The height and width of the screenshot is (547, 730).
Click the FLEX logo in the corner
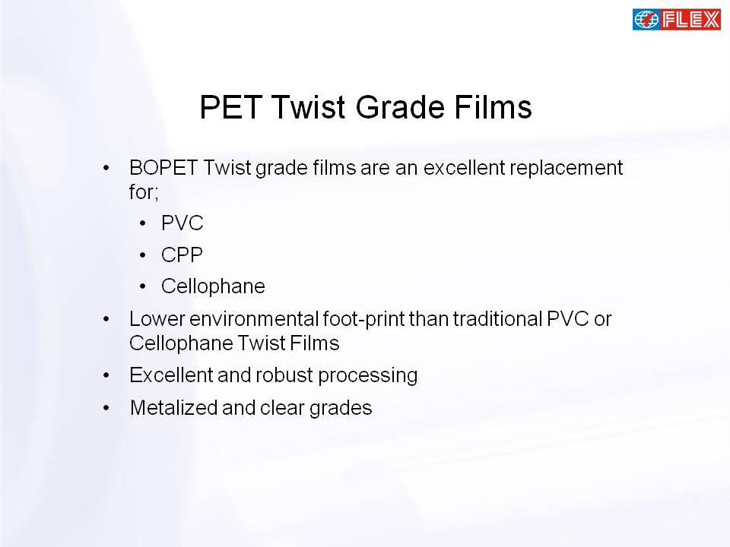tap(677, 20)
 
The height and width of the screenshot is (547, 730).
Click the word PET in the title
tap(230, 107)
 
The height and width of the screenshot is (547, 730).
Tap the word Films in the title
tap(493, 107)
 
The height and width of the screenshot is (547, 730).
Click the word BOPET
tap(163, 167)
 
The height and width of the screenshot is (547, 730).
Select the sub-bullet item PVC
tap(182, 223)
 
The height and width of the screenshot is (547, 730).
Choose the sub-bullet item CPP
tap(182, 255)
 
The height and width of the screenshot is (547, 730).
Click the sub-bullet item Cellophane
tap(213, 286)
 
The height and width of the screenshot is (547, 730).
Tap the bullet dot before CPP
tap(143, 255)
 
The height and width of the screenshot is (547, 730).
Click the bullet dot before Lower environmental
tap(106, 319)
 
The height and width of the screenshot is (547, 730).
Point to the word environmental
tap(254, 319)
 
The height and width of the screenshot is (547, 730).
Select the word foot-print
tap(363, 320)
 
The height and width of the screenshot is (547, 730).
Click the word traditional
tap(497, 319)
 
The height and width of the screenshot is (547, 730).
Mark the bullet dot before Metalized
tap(106, 409)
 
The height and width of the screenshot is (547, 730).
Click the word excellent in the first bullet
tap(464, 167)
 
